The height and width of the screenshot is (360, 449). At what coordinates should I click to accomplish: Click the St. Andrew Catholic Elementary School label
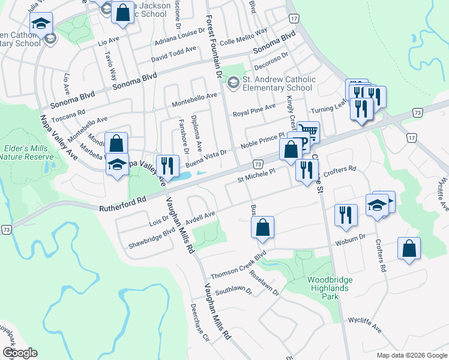(x=278, y=83)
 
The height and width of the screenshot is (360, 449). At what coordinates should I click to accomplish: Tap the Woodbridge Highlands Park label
(x=327, y=284)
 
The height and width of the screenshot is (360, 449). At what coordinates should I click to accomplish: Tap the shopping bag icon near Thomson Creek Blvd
(x=262, y=228)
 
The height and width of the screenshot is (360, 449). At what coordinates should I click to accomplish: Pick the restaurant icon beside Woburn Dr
(x=345, y=215)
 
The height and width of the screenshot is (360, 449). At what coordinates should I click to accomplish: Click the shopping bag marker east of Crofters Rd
(x=409, y=249)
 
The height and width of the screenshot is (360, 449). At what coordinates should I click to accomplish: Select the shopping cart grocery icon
(x=309, y=132)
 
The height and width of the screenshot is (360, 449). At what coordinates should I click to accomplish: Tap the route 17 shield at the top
(x=293, y=19)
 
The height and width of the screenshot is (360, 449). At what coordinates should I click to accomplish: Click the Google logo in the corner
(x=19, y=353)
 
